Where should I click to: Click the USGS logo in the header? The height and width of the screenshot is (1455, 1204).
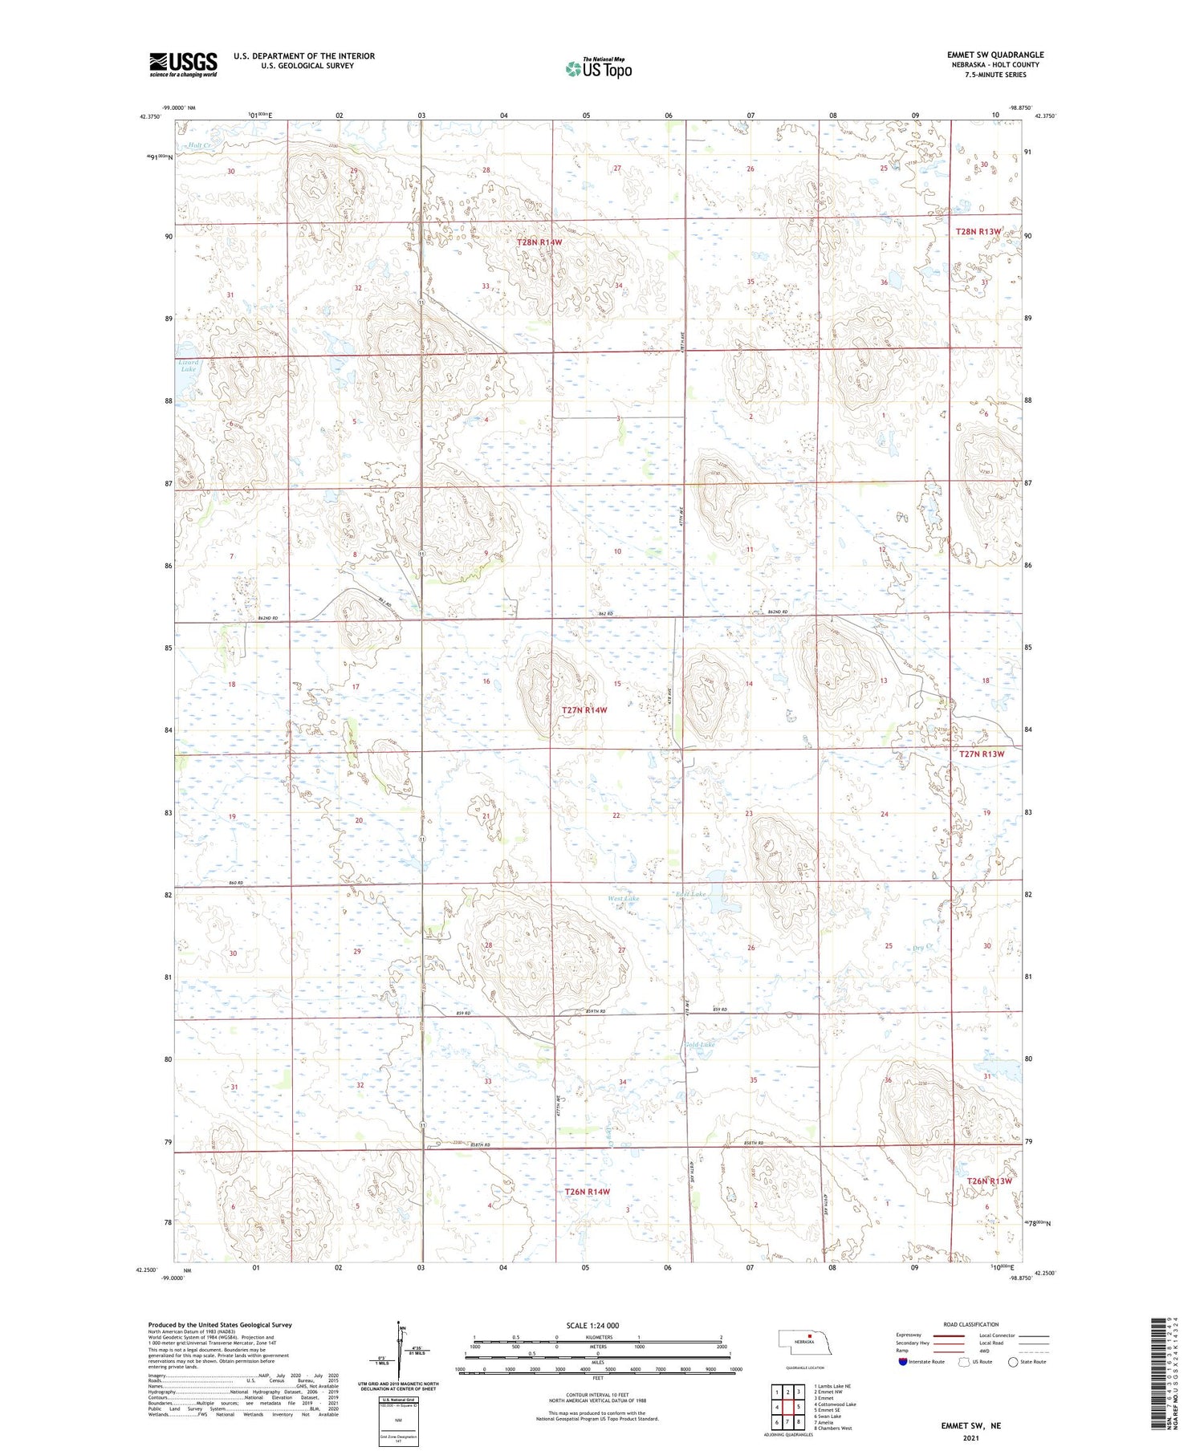(183, 64)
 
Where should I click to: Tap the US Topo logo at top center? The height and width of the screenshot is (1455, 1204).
(599, 69)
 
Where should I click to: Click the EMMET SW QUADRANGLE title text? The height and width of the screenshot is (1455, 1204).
(995, 55)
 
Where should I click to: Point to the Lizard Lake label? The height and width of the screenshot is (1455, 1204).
(189, 365)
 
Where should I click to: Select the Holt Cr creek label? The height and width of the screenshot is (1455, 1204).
(200, 145)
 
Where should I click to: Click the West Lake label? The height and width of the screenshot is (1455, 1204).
(624, 898)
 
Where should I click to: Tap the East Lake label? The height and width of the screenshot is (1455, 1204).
(690, 894)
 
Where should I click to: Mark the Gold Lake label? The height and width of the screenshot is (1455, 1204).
(699, 1044)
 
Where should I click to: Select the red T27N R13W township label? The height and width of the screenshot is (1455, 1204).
(982, 754)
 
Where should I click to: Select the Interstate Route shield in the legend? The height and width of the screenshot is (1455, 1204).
(903, 1361)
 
